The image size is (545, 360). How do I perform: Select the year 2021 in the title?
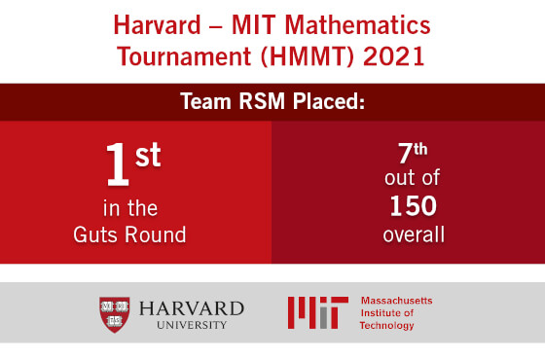coord(393,54)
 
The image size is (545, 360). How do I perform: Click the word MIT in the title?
coord(267,21)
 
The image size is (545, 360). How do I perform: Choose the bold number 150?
coord(408,207)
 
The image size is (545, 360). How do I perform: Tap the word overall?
coord(408,234)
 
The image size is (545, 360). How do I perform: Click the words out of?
coord(408,181)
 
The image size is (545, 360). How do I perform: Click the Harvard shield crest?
coord(115,313)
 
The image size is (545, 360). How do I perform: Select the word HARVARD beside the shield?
coord(191,308)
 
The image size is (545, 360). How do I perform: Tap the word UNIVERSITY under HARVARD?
coord(191,325)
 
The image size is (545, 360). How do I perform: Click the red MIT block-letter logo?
coord(317,312)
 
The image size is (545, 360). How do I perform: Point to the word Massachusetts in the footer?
coord(396,302)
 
